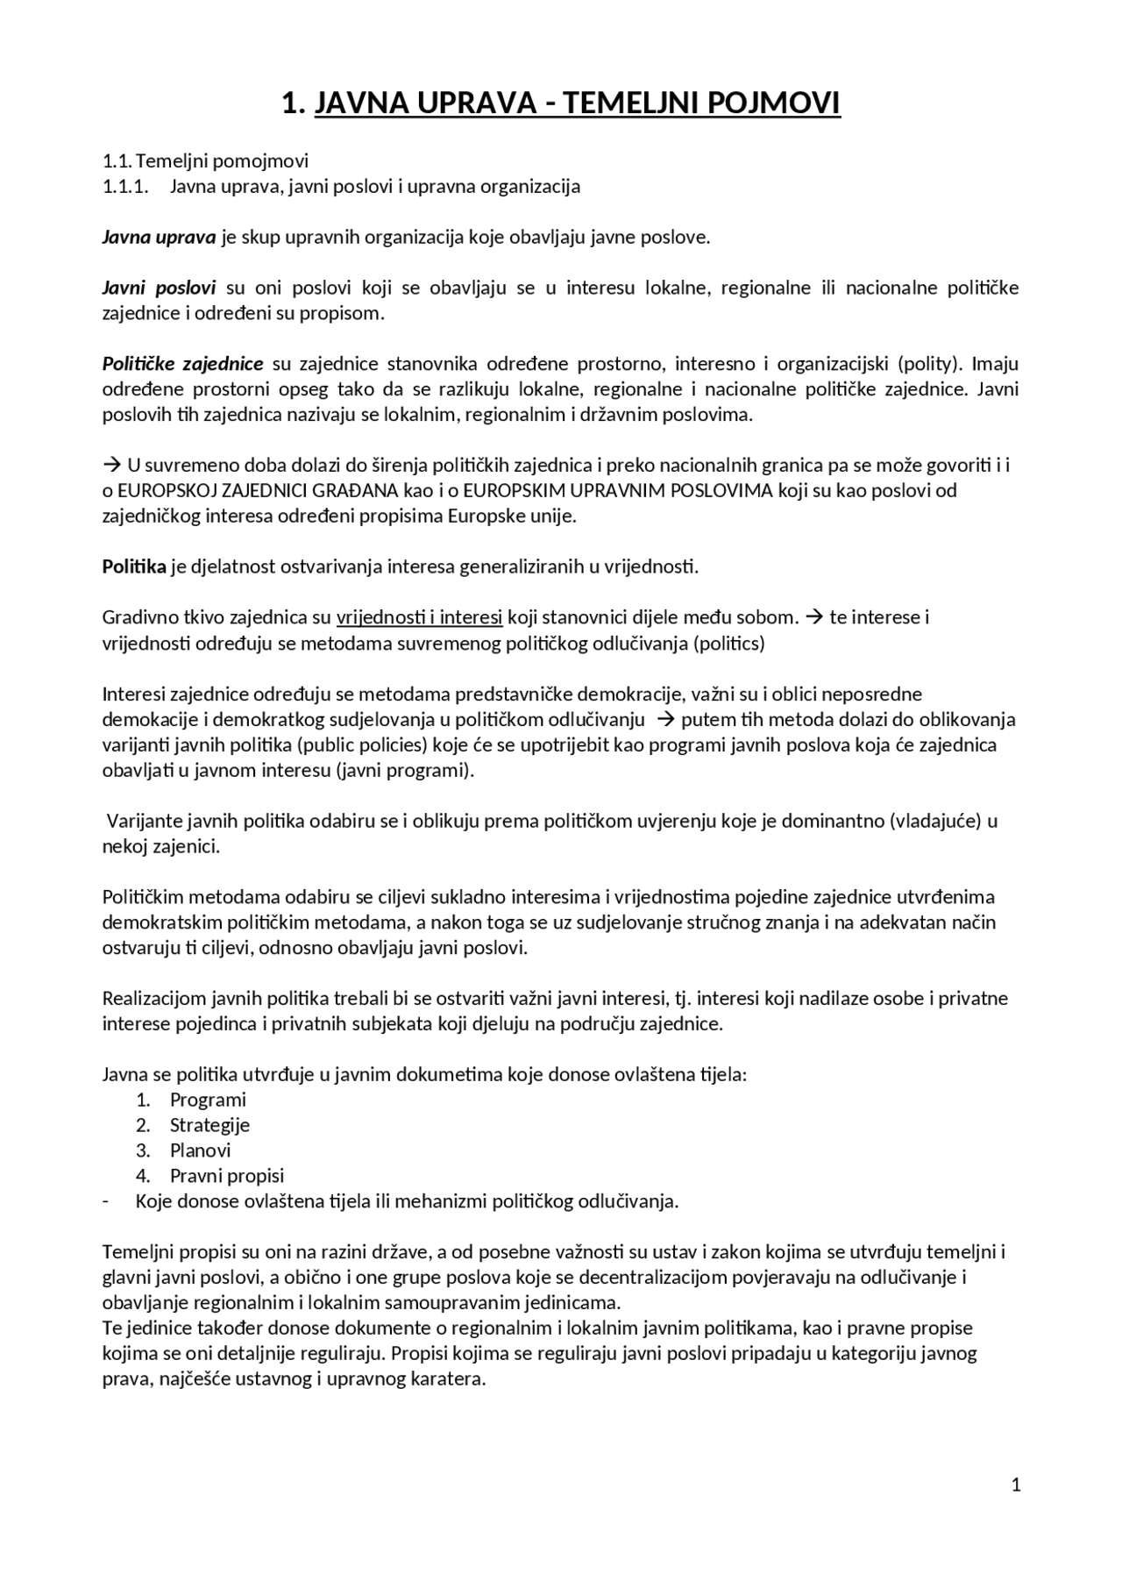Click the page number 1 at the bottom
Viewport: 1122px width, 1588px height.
tap(1016, 1485)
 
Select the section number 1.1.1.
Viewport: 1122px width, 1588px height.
tap(125, 187)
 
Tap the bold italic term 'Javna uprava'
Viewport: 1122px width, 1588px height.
tap(159, 238)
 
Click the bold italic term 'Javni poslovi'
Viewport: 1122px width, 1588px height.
tap(159, 288)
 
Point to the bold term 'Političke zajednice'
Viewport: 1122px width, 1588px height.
tap(182, 364)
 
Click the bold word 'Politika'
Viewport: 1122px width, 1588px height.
tap(134, 566)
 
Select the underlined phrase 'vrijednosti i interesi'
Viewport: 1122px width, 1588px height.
tap(419, 617)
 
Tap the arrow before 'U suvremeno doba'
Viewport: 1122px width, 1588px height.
tap(111, 465)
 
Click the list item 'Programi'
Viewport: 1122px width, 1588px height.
tap(208, 1100)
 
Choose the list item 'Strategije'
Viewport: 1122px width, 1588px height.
tap(209, 1125)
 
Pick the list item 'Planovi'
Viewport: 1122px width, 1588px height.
tap(201, 1150)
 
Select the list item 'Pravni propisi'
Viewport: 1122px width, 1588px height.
tap(227, 1176)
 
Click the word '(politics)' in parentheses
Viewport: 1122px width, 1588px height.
tap(728, 644)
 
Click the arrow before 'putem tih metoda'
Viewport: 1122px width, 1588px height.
tap(664, 720)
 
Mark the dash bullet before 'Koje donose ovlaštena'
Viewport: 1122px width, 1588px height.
tap(106, 1201)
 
